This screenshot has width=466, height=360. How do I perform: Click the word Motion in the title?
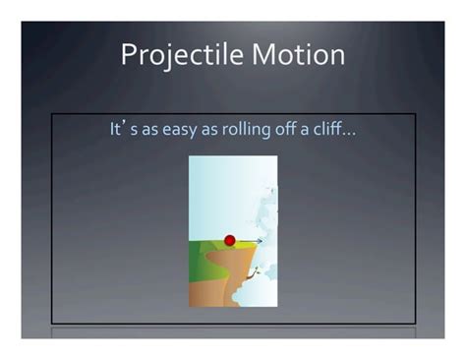(x=298, y=54)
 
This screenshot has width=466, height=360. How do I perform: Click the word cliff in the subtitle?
(x=331, y=130)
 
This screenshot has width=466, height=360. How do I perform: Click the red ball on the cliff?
(x=230, y=240)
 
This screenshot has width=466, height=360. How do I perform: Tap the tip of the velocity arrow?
(x=262, y=241)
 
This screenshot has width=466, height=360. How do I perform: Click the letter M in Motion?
(x=264, y=54)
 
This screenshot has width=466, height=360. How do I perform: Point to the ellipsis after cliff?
(x=350, y=134)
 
